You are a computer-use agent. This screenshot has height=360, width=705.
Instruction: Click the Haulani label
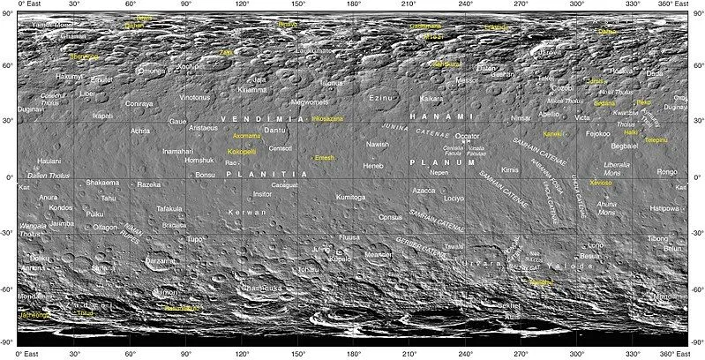click(49, 161)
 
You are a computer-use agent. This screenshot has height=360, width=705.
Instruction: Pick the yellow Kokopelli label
click(242, 152)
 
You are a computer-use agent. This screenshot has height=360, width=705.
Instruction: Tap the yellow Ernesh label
click(326, 157)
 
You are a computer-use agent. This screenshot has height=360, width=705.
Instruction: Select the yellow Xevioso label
click(600, 183)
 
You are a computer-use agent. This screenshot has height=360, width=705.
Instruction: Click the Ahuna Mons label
click(607, 208)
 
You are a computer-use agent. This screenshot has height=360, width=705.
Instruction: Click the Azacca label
click(424, 190)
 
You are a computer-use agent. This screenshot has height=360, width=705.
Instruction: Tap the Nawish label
click(378, 144)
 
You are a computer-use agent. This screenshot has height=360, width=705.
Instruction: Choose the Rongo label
click(667, 171)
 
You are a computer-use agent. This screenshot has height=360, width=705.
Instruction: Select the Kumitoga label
click(350, 198)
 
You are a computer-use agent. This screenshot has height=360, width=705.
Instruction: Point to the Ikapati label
click(102, 115)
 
